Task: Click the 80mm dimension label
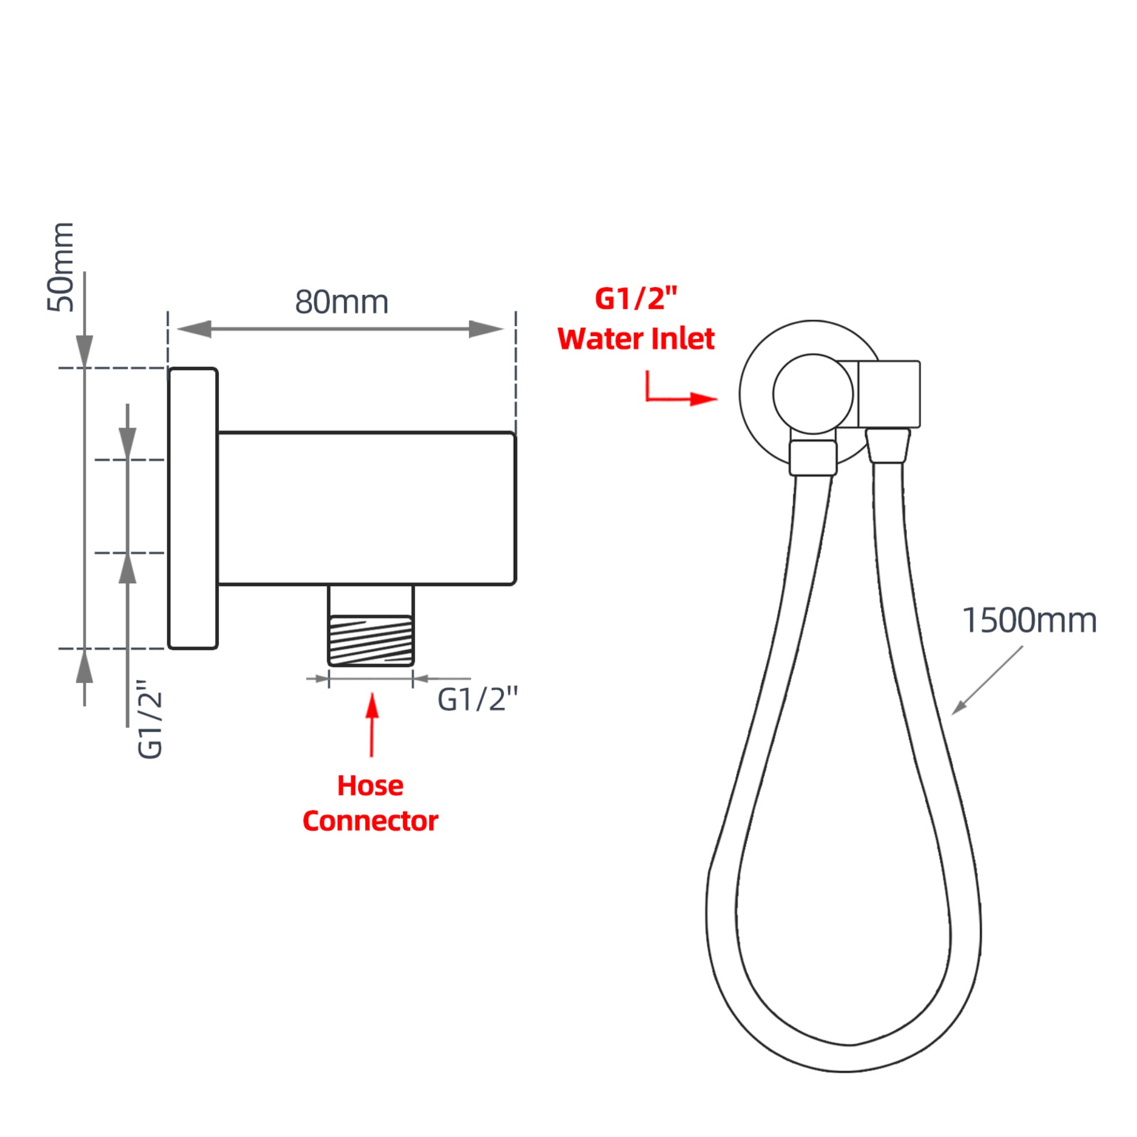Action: [x=341, y=302]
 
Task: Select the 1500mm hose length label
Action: [x=1029, y=621]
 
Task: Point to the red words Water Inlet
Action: [x=636, y=339]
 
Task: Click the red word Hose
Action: [x=370, y=786]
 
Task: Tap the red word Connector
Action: [x=370, y=821]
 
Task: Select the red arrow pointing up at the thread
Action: [x=371, y=724]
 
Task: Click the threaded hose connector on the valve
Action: [x=371, y=640]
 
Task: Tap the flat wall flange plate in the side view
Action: [x=193, y=508]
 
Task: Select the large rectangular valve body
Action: [x=366, y=508]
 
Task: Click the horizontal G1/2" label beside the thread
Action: [x=478, y=700]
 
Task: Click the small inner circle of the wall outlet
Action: [x=813, y=394]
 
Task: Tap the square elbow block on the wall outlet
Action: [x=889, y=394]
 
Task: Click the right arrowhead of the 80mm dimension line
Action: [x=486, y=329]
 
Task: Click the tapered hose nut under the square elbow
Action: [x=888, y=446]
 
